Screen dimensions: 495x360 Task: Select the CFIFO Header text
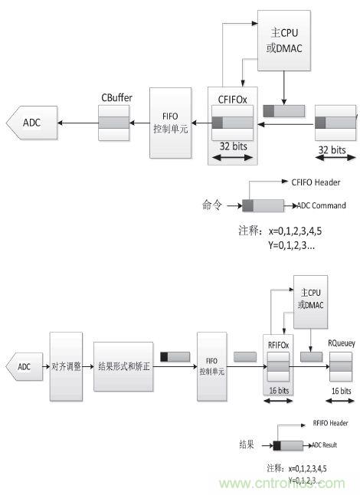[x=315, y=182]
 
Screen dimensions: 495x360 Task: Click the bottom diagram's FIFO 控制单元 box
[x=212, y=366]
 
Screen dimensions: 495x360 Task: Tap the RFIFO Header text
[x=330, y=422]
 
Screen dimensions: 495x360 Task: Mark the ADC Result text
[x=325, y=444]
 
